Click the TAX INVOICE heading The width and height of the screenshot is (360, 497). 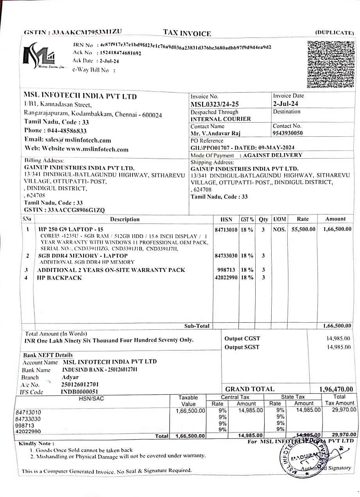187,33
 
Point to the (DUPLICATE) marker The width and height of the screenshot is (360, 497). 334,33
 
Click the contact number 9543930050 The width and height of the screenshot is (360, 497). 288,133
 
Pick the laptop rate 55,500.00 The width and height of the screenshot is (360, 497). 303,229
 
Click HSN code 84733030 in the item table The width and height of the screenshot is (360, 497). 226,256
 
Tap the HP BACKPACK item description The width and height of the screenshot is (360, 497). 59,278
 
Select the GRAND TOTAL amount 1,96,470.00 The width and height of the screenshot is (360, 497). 336,389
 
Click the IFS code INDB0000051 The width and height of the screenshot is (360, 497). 80,392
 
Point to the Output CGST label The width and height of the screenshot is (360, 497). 242,339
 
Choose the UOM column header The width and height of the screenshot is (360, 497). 279,219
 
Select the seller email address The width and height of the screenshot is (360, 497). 84,140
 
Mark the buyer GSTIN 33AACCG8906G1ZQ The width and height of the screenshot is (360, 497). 76,210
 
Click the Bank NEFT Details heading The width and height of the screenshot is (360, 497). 48,355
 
